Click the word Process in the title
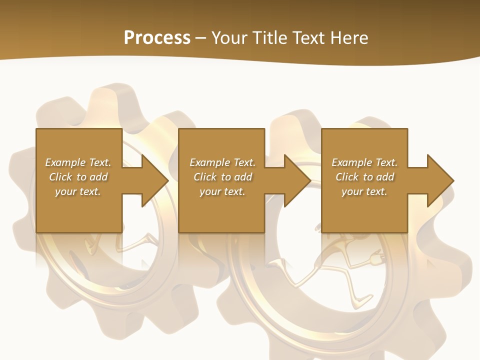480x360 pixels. pyautogui.click(x=157, y=37)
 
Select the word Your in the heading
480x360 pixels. pyautogui.click(x=229, y=37)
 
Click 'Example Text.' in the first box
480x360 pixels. pyautogui.click(x=78, y=162)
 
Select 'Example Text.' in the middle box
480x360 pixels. pyautogui.click(x=222, y=162)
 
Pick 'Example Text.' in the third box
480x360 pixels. pyautogui.click(x=364, y=162)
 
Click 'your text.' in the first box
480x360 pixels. pyautogui.click(x=78, y=191)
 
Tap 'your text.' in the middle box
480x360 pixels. pyautogui.click(x=222, y=191)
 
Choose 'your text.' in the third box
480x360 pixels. pyautogui.click(x=364, y=191)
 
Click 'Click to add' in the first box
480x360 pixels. pyautogui.click(x=78, y=177)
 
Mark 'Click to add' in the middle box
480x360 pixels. pyautogui.click(x=222, y=177)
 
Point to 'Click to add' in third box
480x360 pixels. pyautogui.click(x=364, y=177)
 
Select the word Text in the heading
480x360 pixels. pyautogui.click(x=306, y=37)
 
